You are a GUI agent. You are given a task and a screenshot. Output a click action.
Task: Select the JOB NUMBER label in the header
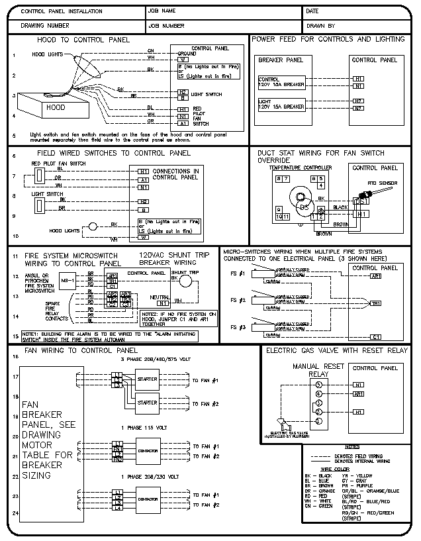click(166, 26)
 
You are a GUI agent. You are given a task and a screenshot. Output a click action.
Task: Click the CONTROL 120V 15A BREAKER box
click(281, 82)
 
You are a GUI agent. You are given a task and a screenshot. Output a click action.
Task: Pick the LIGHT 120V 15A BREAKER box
click(281, 105)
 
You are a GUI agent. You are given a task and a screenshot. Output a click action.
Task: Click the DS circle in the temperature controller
click(304, 206)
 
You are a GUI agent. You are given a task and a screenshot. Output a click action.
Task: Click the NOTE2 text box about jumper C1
click(179, 319)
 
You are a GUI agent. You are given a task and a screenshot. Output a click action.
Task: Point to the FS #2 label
click(238, 301)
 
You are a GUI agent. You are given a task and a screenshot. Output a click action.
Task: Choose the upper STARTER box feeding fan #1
click(147, 379)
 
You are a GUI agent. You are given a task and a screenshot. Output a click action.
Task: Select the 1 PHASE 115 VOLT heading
click(144, 428)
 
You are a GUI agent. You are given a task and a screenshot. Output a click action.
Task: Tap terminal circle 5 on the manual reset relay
click(318, 384)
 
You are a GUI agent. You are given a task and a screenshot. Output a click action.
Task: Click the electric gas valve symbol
click(284, 424)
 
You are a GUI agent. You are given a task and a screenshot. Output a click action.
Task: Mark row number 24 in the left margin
click(14, 513)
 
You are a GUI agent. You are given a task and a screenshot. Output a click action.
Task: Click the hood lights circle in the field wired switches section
click(93, 226)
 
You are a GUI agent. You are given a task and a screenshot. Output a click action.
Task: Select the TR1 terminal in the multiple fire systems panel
click(375, 303)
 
